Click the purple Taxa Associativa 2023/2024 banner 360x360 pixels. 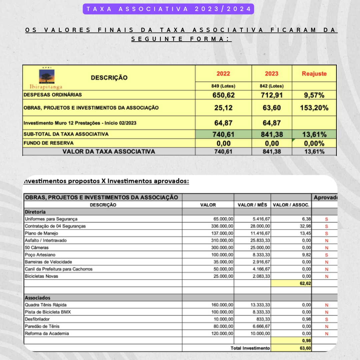click(x=168, y=9)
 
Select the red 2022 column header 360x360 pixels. click(x=223, y=74)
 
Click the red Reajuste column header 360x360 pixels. click(x=314, y=74)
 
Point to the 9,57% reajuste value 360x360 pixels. click(x=314, y=95)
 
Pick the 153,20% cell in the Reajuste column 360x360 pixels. click(x=314, y=108)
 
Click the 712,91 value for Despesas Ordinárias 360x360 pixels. click(x=271, y=95)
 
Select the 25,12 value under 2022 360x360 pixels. click(x=223, y=108)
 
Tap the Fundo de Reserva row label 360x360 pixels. click(x=48, y=143)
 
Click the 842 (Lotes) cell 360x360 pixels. click(x=271, y=86)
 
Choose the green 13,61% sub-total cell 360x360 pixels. click(x=314, y=135)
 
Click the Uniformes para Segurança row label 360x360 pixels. click(x=51, y=219)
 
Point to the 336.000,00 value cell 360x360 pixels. click(x=222, y=226)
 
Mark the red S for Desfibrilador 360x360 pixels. click(x=326, y=319)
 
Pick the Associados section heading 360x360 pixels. click(x=37, y=298)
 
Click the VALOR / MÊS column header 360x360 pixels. click(x=252, y=205)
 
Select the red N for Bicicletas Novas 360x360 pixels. click(x=326, y=276)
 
